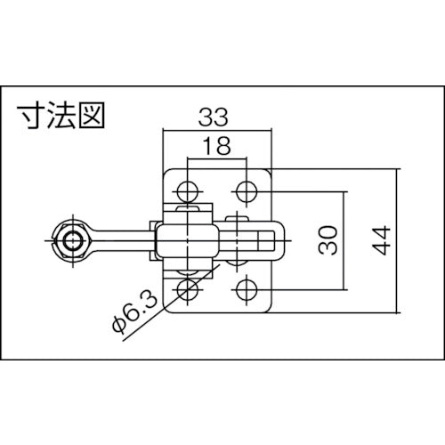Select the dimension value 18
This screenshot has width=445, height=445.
[x=217, y=147]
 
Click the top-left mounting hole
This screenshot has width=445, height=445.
[x=187, y=190]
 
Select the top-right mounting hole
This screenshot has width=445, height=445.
[x=247, y=190]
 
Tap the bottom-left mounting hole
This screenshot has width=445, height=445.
[x=187, y=289]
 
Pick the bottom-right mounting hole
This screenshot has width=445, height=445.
[x=247, y=289]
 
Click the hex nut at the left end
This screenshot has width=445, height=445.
[x=71, y=239]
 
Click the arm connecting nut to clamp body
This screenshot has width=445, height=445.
[x=120, y=239]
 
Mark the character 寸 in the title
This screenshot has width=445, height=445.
[x=31, y=115]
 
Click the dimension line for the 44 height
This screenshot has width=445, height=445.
[x=397, y=239]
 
